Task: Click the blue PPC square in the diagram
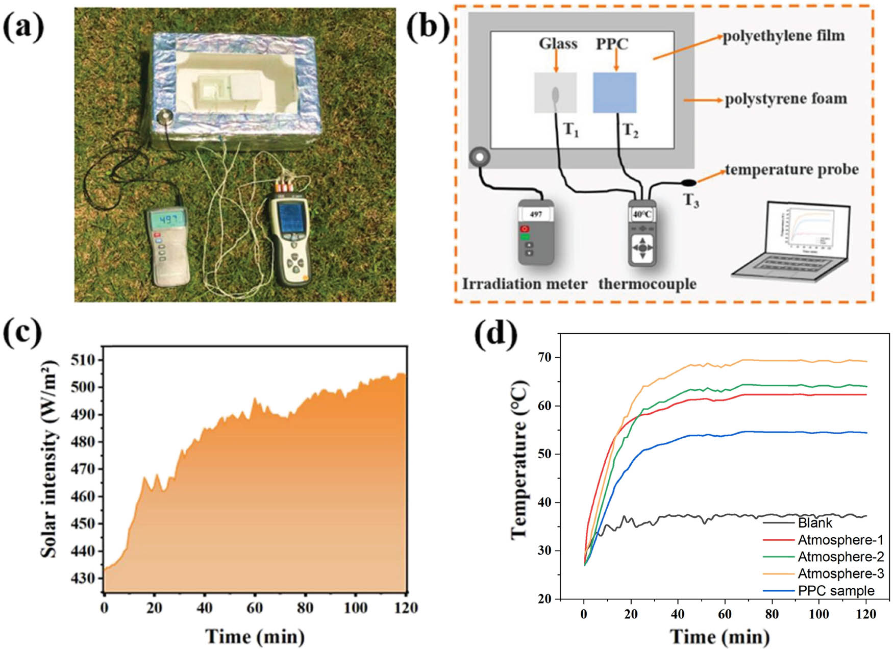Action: tap(614, 92)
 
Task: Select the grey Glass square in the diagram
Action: tap(555, 92)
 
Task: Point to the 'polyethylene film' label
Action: tap(783, 36)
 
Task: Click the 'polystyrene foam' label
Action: tap(786, 98)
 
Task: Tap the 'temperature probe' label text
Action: tap(792, 169)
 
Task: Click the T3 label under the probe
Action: tap(691, 201)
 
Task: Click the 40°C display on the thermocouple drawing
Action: tap(642, 214)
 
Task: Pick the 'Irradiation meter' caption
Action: tap(525, 284)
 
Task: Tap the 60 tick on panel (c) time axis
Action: tap(255, 608)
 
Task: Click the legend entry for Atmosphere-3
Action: tap(840, 573)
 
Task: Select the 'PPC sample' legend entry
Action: tap(836, 591)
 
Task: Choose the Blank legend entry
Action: tap(815, 523)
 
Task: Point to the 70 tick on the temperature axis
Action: tap(544, 358)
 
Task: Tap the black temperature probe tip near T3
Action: tap(689, 182)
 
